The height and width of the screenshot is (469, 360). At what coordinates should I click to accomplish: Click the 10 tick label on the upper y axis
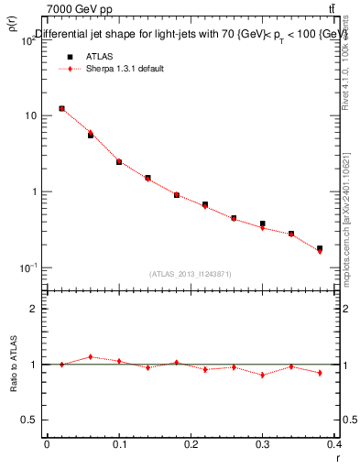(x=30, y=116)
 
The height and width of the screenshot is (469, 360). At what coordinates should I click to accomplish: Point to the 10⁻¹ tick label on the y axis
(x=28, y=267)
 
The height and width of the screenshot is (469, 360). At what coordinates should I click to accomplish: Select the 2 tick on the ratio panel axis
(x=34, y=310)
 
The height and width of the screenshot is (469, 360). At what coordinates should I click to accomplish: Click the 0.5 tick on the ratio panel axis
(x=30, y=420)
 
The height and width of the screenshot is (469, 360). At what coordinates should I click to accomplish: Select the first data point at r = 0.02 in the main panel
(x=61, y=108)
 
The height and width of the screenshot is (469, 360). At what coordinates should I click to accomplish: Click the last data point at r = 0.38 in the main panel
(x=320, y=248)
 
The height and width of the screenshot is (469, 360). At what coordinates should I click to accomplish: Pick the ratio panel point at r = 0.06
(x=90, y=357)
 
